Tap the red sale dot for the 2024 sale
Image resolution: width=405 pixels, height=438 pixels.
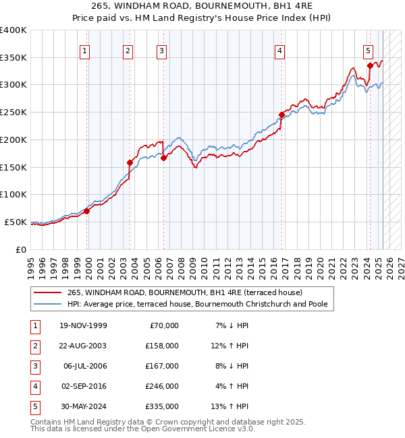(370, 65)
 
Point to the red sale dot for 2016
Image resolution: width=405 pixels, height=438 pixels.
(281, 115)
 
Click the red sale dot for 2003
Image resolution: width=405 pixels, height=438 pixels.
(130, 162)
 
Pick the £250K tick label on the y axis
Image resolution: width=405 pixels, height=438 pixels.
(13, 112)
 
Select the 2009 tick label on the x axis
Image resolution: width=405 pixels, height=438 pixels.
(193, 263)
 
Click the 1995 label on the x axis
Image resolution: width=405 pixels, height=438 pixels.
(32, 263)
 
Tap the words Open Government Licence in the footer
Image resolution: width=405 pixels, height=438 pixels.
(196, 429)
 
